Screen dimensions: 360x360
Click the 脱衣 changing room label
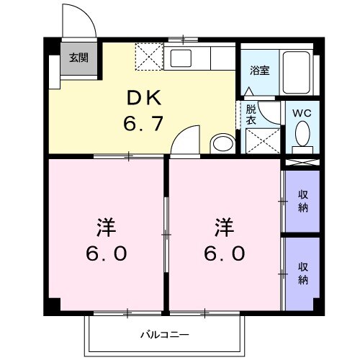[251, 115]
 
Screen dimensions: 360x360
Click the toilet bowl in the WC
[303, 134]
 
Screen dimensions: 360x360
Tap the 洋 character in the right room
[224, 228]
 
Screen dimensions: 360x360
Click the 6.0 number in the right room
[224, 254]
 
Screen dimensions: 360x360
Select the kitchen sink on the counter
[180, 58]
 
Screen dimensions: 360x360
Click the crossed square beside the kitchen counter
[150, 55]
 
